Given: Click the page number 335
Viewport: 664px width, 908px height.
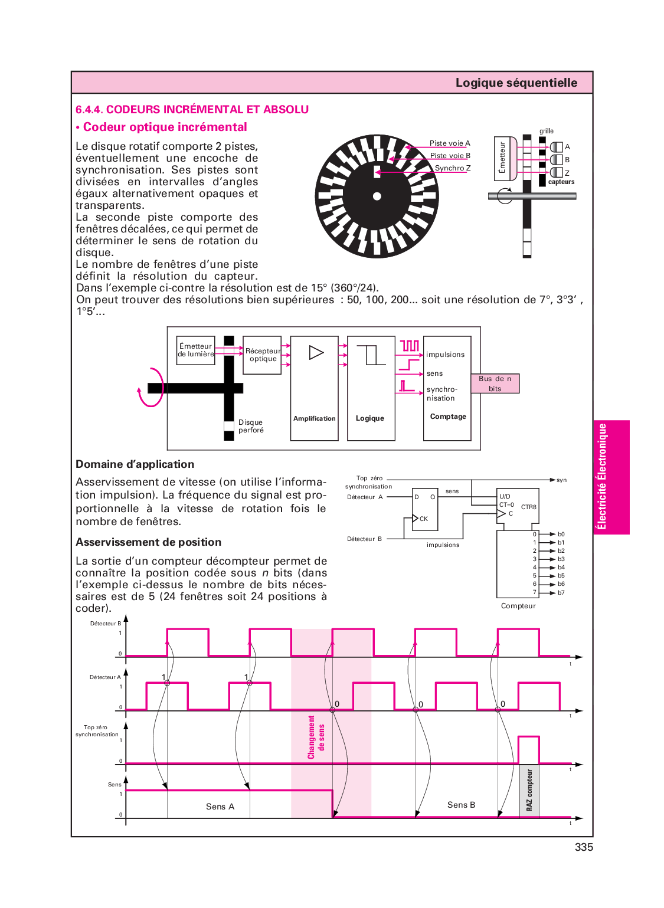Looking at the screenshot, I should point(583,847).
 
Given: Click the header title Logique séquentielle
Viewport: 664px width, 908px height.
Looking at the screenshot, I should point(516,83).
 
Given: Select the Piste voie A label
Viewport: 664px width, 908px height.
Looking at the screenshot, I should point(450,143).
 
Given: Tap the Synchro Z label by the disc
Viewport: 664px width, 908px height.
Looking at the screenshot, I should point(453,168).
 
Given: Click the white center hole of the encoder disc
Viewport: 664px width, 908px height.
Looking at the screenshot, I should point(377,196).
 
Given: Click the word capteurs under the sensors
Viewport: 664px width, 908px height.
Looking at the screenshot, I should point(561,182).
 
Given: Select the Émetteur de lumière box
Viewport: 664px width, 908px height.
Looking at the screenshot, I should point(196,350).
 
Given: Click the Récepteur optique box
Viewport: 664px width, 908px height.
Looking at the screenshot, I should point(263,355).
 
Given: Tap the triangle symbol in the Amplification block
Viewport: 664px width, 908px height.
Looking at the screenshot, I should point(316,353).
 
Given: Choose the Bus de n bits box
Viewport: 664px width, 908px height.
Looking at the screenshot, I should point(495,383).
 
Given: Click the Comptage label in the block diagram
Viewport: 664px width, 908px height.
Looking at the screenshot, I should point(448,417).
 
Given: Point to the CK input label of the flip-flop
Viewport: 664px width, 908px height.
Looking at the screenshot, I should point(424,519).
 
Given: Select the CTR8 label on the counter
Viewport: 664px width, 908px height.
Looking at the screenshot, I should point(529,507).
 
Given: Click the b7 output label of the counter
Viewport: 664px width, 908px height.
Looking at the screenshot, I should point(561,592).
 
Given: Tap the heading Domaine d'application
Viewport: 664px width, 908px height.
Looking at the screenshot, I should point(135,464).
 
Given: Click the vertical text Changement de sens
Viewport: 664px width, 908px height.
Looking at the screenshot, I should point(316,737).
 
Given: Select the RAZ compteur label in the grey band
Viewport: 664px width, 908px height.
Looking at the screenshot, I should point(529,790).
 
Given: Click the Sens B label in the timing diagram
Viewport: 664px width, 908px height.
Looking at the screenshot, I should point(461,805).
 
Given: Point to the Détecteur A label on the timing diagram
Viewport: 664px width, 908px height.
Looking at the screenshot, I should point(105,677).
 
